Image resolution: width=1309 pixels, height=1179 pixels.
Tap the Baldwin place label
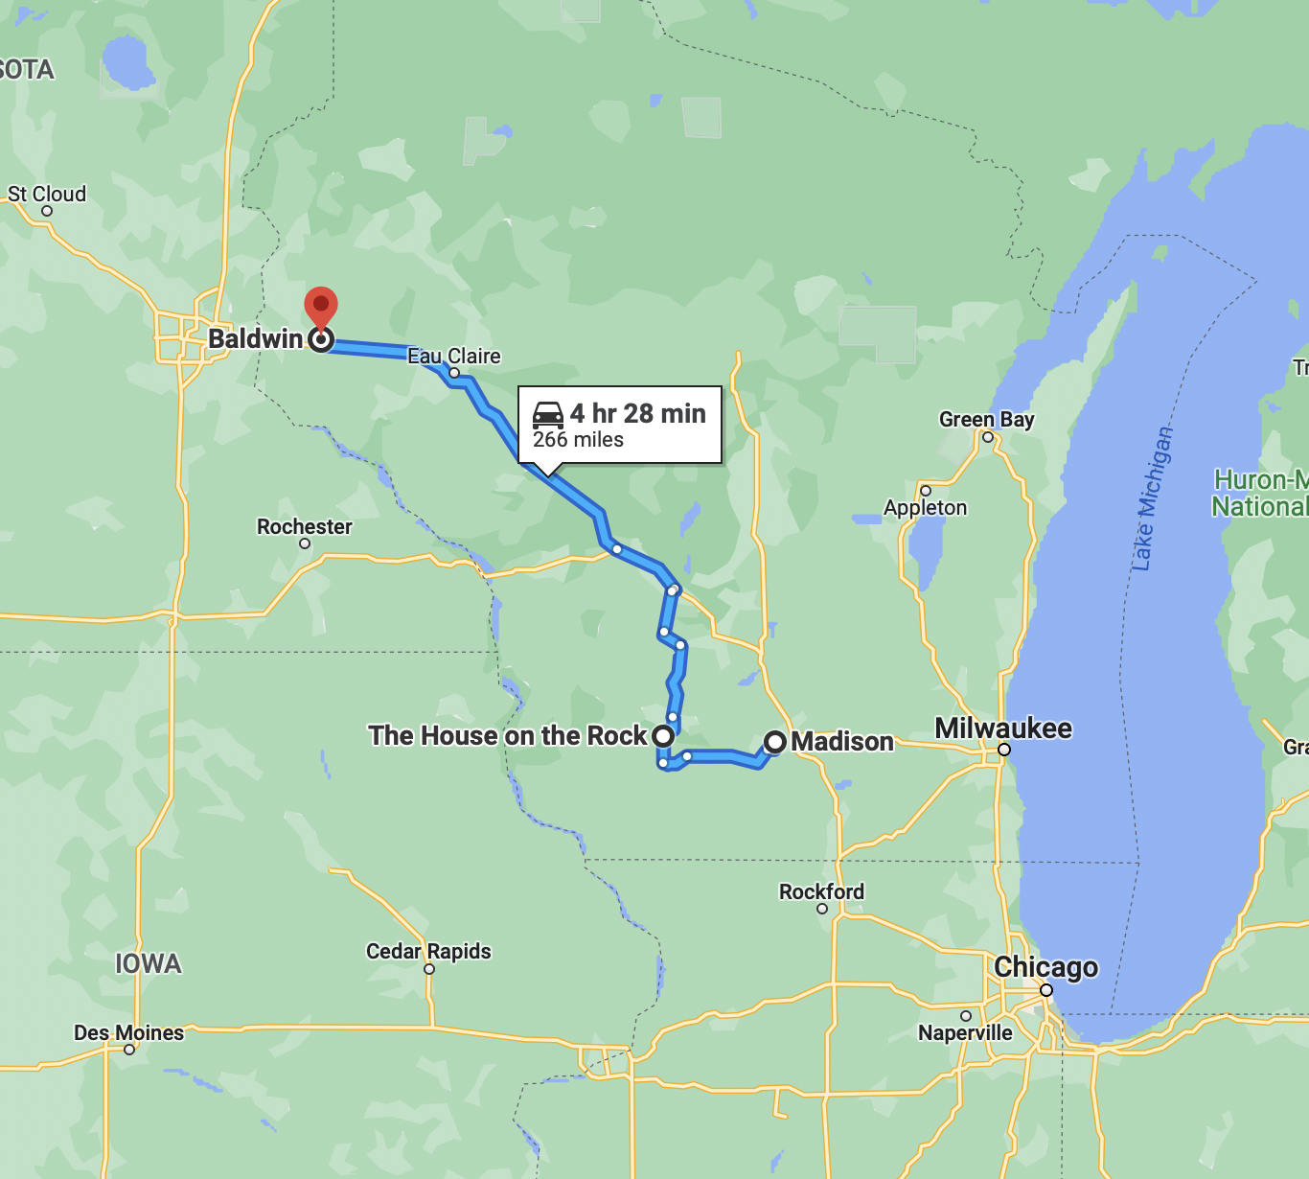pos(255,339)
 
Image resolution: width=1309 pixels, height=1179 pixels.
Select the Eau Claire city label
pos(454,357)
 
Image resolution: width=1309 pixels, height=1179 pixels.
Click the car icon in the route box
pos(548,414)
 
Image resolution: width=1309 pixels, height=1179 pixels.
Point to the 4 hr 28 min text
pos(638,414)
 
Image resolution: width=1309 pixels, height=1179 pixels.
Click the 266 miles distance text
pos(578,440)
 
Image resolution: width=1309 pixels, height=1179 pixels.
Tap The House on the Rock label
pos(508,736)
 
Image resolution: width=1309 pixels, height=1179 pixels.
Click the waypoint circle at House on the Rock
pos(663,736)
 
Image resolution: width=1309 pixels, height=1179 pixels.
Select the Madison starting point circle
pos(775,742)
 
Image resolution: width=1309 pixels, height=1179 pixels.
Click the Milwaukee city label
pos(1003,728)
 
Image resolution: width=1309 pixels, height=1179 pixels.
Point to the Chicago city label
pos(1045,967)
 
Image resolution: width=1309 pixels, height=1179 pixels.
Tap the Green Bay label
pos(986,420)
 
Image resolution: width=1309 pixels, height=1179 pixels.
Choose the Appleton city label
pos(925,508)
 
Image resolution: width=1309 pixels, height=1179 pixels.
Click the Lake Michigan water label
pos(1152,498)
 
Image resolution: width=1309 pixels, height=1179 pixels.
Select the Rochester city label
pos(305,527)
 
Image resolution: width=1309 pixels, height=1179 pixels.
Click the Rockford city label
pos(821,892)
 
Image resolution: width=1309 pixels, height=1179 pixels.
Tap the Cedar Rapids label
pos(428,952)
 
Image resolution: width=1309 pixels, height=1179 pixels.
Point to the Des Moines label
pos(128,1033)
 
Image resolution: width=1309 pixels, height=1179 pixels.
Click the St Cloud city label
pos(47,195)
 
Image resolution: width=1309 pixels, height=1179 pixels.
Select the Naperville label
pos(965,1033)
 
